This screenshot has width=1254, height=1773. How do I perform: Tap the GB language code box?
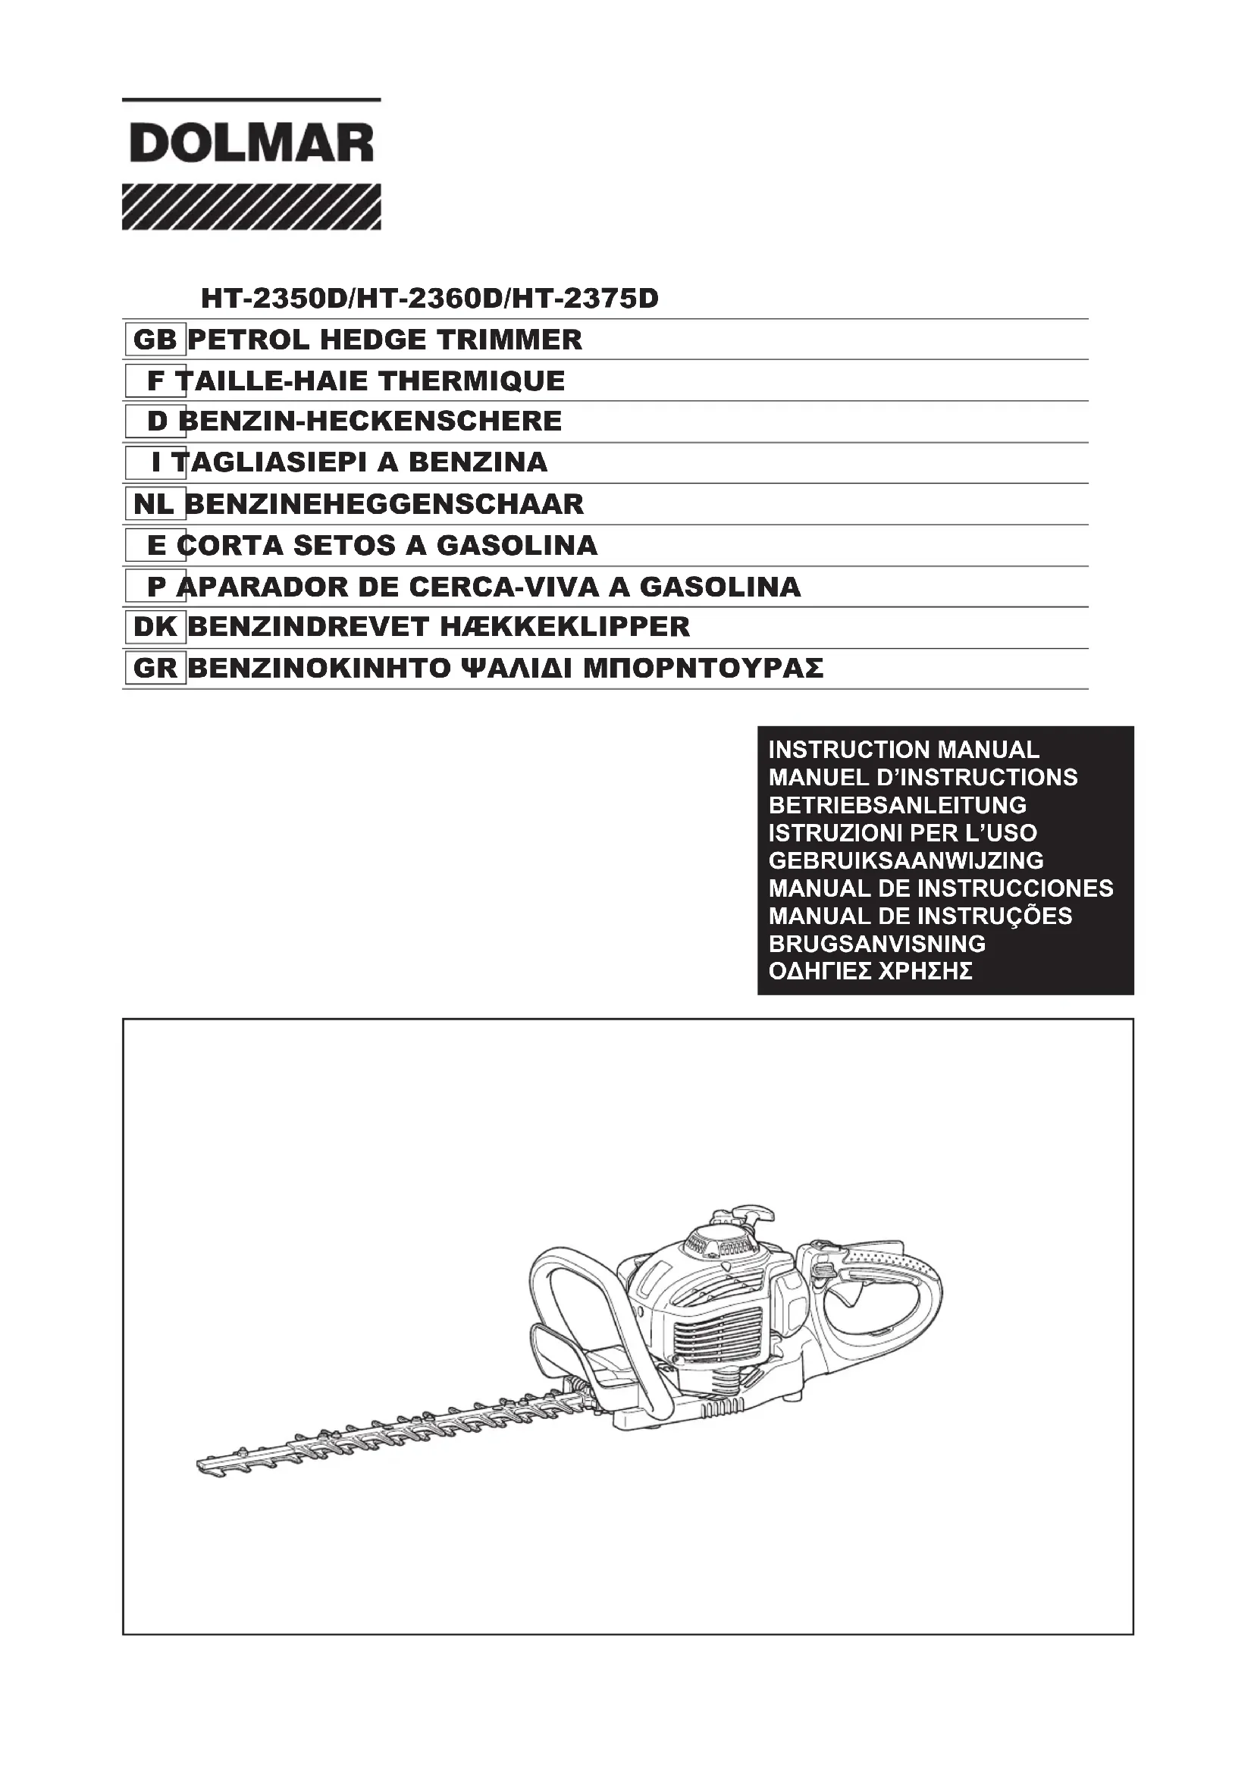point(155,340)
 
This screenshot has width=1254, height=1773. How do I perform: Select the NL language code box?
point(155,504)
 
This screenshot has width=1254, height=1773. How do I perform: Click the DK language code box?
point(155,627)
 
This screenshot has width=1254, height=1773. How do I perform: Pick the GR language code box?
point(155,669)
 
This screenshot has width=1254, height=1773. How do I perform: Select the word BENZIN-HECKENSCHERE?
point(370,421)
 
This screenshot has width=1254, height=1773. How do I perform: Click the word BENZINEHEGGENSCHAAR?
point(384,504)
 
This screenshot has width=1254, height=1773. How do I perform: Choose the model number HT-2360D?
point(428,298)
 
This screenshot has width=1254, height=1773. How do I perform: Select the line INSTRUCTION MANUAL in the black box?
point(904,750)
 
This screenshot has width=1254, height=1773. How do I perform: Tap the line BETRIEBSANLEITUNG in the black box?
point(897,806)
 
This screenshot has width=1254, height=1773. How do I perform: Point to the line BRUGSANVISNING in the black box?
point(876,944)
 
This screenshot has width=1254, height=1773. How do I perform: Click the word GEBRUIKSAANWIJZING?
point(906,860)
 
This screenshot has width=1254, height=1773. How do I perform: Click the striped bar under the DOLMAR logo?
point(251,207)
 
